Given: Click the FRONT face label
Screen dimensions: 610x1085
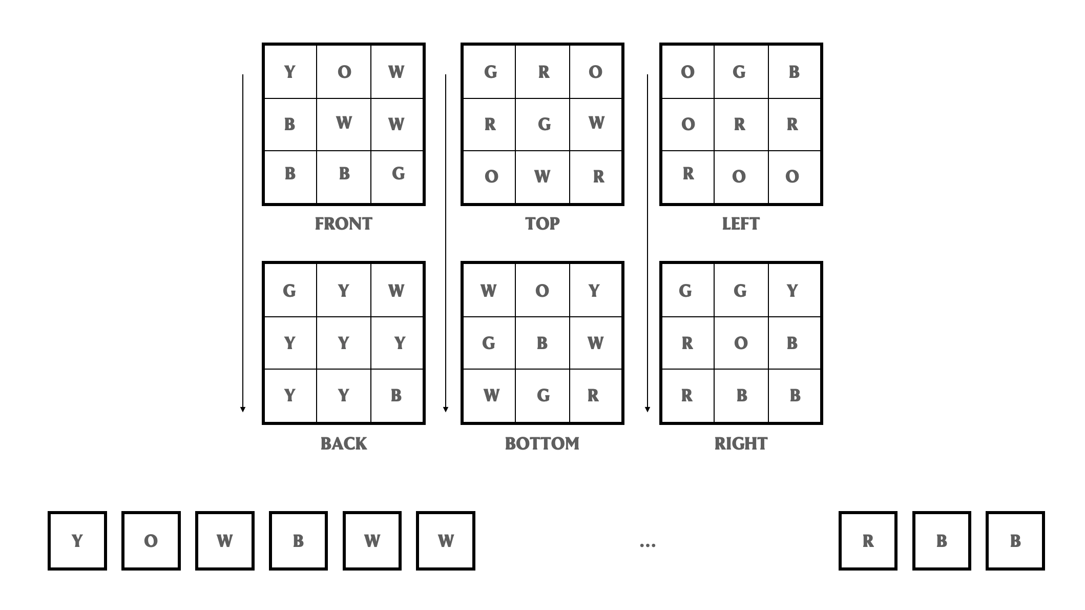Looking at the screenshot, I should click(343, 224).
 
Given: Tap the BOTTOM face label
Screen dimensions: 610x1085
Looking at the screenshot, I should click(542, 443).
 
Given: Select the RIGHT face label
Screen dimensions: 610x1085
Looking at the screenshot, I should click(741, 443).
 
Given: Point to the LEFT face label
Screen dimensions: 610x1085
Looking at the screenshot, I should click(741, 224).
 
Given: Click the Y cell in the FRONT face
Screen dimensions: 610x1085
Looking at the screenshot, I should click(290, 72).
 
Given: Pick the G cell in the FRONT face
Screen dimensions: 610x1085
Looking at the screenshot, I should click(398, 174).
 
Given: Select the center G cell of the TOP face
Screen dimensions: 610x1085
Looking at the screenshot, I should click(544, 124).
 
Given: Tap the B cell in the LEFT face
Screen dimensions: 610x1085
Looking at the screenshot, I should click(794, 72).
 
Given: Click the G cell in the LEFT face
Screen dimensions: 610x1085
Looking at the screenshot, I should click(739, 72).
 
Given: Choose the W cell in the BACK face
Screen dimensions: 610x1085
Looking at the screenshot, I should click(396, 291).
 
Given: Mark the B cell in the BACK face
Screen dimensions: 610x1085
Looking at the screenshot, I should click(396, 395).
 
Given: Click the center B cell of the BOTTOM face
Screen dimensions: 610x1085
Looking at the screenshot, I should click(542, 343).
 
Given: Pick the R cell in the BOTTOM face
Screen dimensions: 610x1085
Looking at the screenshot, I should click(593, 395).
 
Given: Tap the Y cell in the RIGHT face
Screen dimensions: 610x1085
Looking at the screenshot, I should click(792, 291).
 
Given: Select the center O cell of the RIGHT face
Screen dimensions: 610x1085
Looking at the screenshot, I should click(741, 343).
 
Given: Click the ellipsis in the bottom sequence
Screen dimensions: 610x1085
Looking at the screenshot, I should click(648, 544).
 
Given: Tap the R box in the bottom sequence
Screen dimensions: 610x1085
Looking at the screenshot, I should click(868, 541).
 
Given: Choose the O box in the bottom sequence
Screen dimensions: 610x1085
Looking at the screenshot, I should click(151, 541).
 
